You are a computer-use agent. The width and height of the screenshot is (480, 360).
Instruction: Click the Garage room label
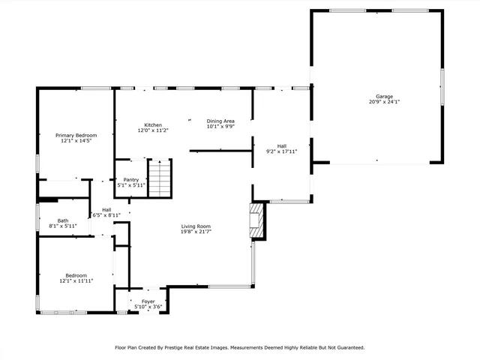384,97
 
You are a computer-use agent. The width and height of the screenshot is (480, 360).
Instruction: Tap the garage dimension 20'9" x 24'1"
384,103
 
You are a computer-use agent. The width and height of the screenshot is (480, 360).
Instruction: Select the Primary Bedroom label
76,135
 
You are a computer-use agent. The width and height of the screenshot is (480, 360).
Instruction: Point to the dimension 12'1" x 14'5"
76,141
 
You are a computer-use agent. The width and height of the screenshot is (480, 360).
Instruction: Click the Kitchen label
153,124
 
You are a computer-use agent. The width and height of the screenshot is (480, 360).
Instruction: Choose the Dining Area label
220,121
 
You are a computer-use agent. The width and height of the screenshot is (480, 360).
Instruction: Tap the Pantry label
131,179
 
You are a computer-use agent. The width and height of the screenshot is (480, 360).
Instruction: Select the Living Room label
196,226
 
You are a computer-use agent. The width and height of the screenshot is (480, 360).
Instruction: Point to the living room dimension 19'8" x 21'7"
196,232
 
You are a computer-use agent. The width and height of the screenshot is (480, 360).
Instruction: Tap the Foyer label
148,301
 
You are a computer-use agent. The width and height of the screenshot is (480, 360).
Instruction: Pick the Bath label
63,220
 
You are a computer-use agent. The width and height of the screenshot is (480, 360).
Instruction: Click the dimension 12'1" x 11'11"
76,280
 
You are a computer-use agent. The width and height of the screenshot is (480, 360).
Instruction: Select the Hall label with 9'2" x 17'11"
282,145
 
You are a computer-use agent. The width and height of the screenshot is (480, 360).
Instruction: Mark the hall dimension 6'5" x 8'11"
106,215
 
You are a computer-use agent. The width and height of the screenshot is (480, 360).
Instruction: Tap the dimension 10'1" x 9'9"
220,127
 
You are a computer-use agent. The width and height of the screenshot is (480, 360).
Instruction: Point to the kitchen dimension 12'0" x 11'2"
153,130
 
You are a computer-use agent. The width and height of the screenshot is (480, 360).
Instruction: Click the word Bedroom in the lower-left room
76,274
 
